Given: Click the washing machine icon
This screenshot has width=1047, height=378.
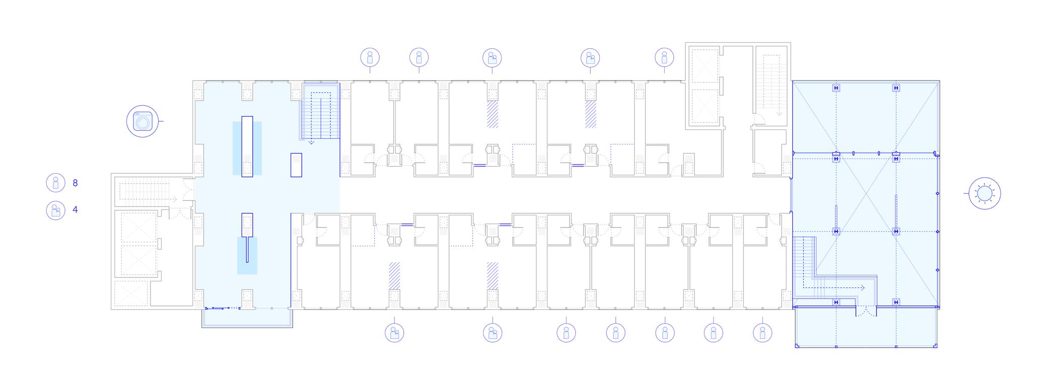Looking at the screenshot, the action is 143,121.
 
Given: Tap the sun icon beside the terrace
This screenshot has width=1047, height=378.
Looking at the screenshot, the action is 984,193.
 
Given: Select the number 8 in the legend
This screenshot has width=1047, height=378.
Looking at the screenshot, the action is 76,183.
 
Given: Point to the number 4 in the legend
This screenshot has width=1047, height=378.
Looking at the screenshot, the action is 76,209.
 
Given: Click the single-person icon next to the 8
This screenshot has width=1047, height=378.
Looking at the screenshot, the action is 55,183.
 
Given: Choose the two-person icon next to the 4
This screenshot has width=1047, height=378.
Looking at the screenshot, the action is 55,210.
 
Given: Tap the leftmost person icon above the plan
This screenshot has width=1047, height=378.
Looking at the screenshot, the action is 370,57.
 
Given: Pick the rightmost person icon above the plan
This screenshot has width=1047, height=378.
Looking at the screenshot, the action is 664,57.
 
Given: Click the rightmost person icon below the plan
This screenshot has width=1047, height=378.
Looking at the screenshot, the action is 762,333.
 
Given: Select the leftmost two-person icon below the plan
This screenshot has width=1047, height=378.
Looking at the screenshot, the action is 394,333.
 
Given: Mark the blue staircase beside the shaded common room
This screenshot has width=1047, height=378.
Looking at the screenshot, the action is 321,112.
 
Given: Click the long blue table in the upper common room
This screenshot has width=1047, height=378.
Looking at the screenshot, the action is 247,147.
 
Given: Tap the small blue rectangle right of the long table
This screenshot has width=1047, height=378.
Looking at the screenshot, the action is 296,165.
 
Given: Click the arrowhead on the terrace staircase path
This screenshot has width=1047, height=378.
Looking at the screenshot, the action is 863,288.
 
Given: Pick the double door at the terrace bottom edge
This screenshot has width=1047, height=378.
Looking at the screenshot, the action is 866,312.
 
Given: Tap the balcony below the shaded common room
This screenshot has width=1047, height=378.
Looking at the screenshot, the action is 247,318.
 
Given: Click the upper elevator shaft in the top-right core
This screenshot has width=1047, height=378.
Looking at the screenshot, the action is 704,69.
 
